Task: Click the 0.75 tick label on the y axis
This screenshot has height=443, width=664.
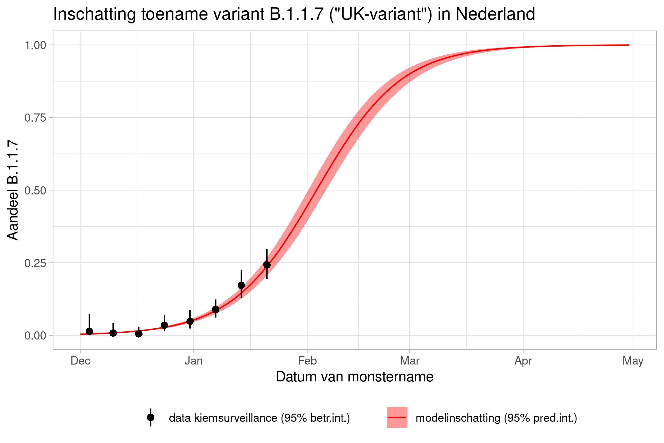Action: (x=35, y=118)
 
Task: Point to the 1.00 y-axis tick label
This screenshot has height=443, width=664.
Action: (x=35, y=45)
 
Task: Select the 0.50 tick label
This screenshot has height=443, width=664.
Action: (x=35, y=190)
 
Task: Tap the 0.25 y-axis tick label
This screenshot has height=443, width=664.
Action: (x=35, y=263)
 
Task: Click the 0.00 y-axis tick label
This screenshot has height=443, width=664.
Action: (x=35, y=335)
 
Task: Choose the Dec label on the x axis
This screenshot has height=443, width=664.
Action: (x=80, y=361)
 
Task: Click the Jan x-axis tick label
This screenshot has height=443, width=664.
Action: (x=194, y=361)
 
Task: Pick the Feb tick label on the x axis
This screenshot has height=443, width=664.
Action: (x=307, y=361)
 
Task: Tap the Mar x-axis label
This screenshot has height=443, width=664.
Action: (x=410, y=361)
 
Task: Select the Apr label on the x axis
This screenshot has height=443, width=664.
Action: (x=523, y=361)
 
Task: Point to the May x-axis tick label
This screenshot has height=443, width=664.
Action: (x=633, y=361)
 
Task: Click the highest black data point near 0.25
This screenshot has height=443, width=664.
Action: (x=267, y=265)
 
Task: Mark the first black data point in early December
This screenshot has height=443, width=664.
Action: (x=89, y=331)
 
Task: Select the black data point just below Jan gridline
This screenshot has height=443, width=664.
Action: (x=190, y=321)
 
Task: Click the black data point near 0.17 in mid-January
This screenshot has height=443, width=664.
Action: (x=241, y=285)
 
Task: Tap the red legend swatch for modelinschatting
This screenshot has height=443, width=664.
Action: (x=397, y=417)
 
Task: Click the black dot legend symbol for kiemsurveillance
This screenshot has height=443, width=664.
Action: (x=151, y=417)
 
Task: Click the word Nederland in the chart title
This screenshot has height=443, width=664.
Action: (x=495, y=14)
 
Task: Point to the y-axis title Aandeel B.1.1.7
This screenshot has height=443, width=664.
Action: (x=13, y=190)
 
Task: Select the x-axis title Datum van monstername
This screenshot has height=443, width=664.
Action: (x=355, y=377)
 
